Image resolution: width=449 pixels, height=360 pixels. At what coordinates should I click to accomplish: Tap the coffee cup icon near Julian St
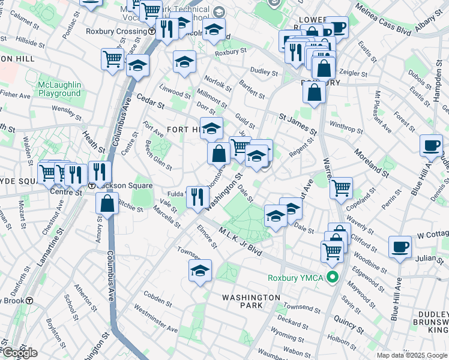click(400, 247)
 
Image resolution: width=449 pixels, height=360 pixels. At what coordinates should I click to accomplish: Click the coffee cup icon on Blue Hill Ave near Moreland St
click(431, 146)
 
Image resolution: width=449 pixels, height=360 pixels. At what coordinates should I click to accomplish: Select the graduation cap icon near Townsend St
click(200, 271)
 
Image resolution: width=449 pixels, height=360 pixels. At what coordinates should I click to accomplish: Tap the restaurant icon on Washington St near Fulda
click(197, 196)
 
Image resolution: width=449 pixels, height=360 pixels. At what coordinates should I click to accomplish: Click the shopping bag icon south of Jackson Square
click(107, 204)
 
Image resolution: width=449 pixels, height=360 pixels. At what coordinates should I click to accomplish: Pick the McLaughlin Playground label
click(59, 89)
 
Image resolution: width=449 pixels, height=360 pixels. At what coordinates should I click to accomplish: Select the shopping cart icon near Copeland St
click(341, 188)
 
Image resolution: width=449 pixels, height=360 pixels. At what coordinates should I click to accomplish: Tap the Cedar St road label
click(150, 100)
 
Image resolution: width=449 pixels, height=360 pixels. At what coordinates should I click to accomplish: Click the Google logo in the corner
click(19, 353)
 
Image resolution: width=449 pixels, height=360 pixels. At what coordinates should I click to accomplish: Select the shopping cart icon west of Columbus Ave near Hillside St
click(113, 59)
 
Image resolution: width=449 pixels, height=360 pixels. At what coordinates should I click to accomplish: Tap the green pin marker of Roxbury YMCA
click(334, 277)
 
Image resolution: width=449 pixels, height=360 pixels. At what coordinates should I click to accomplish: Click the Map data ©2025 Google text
click(411, 355)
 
